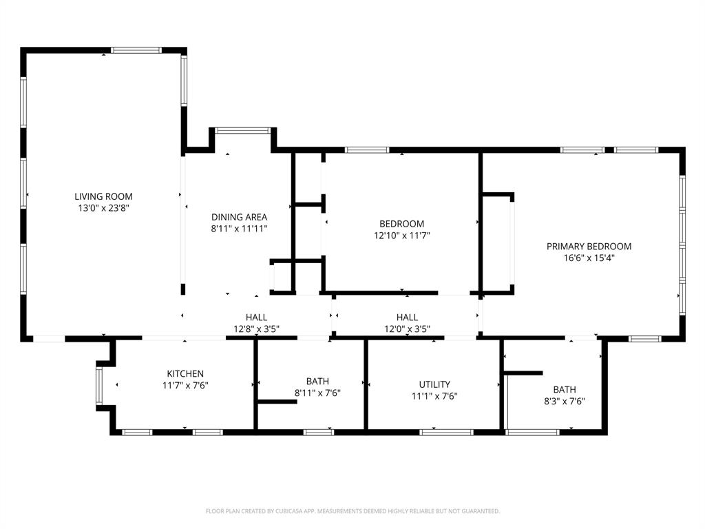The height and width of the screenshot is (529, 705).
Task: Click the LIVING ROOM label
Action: point(103,196)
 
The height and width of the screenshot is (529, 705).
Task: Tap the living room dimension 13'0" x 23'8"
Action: point(103,207)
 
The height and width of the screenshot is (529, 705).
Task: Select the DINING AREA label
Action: point(239,217)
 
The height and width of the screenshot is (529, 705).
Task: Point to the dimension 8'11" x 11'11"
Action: point(239,228)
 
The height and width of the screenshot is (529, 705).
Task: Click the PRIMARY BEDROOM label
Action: point(589,246)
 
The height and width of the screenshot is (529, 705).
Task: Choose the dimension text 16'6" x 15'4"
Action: point(589,258)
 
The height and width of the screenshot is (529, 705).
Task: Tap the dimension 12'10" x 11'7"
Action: point(401,235)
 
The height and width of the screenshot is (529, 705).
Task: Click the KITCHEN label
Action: point(185,374)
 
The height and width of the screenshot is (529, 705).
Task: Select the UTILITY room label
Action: point(434,384)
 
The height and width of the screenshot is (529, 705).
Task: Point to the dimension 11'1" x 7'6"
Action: point(434,396)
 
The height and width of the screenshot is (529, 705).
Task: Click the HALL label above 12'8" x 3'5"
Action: point(256,317)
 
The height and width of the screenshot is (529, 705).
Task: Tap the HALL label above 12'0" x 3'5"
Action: point(407,317)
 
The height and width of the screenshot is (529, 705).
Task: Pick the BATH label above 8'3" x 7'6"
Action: point(565,389)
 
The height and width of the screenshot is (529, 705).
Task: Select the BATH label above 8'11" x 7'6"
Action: point(317,381)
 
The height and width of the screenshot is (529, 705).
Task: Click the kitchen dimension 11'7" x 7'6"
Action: point(185,386)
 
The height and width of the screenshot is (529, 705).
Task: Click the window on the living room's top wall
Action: point(136,50)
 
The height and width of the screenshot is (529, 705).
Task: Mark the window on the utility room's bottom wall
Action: point(446,432)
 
